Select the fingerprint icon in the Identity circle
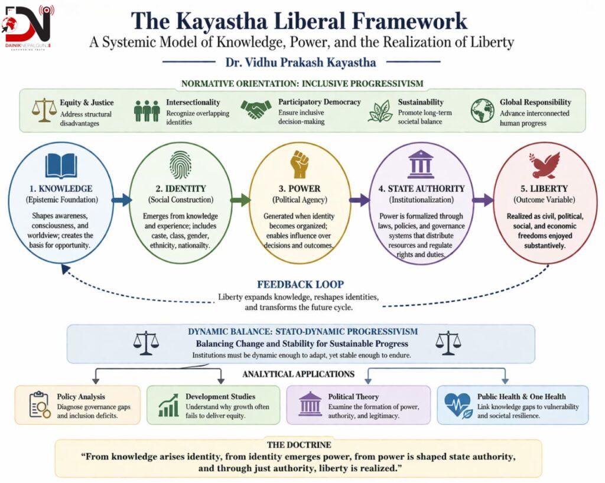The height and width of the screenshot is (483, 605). [180, 164]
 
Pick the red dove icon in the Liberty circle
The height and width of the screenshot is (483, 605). [545, 165]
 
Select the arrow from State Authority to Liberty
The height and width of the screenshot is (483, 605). [482, 201]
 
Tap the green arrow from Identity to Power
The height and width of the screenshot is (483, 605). [240, 201]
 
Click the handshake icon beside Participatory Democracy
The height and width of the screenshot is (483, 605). [256, 110]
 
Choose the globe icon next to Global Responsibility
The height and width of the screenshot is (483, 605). [482, 110]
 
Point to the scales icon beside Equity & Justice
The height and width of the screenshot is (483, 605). [43, 110]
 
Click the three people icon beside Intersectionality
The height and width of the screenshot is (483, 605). [147, 110]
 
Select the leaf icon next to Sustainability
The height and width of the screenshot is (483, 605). [380, 110]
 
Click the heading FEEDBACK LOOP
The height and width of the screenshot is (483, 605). [300, 284]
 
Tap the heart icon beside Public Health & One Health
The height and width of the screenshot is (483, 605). [457, 405]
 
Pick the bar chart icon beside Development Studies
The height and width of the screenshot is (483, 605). [168, 405]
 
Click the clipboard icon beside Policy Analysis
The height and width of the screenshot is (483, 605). [39, 404]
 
